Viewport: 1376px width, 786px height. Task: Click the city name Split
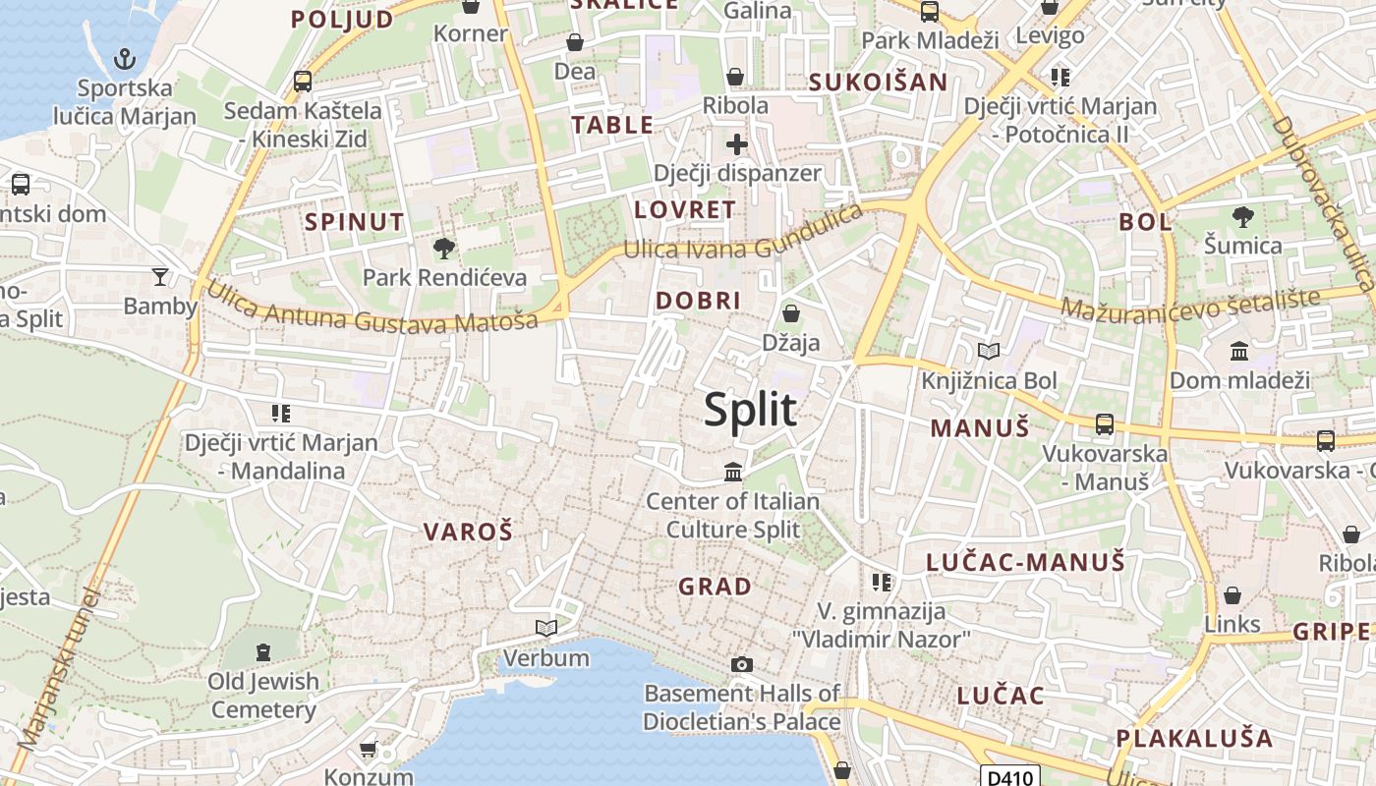coord(750,409)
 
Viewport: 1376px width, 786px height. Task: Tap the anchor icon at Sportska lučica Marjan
coord(124,59)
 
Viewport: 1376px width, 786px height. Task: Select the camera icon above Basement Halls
coord(742,664)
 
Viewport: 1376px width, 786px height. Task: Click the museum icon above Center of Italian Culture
coord(732,473)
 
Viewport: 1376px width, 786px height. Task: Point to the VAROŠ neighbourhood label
coord(468,532)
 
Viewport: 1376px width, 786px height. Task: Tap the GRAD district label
coord(715,587)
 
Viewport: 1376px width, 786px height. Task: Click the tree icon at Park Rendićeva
coord(444,248)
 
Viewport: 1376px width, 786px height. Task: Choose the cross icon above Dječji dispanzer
coord(736,145)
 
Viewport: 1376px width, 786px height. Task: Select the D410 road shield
coord(1009,777)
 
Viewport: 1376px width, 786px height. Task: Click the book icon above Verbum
coord(545,628)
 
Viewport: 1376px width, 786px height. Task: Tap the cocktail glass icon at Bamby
coord(160,277)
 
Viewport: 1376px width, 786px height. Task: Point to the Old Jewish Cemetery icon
coord(262,651)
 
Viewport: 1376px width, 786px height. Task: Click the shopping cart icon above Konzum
coord(369,750)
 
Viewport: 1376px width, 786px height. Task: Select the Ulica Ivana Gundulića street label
coord(743,237)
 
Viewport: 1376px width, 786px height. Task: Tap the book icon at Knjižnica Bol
coord(988,351)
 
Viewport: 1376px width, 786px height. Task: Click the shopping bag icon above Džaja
coord(790,313)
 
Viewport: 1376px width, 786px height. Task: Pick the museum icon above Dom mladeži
coord(1239,351)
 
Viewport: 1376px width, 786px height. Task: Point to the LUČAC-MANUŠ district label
coord(1025,562)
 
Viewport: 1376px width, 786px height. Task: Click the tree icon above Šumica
coord(1242,216)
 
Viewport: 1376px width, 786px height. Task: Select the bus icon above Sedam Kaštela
coord(303,82)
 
